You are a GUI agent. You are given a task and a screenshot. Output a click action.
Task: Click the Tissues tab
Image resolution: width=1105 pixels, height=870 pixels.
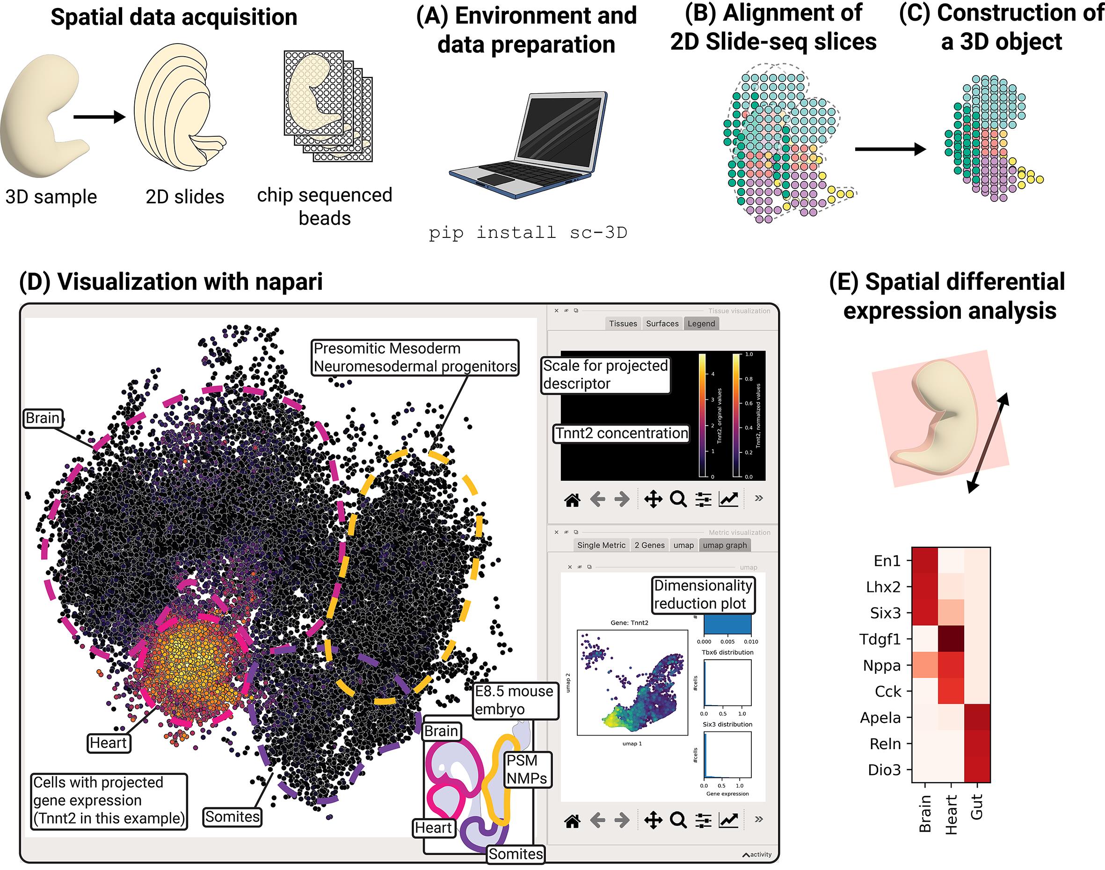(623, 324)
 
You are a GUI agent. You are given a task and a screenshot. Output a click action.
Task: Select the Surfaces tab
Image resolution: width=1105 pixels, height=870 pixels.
(662, 324)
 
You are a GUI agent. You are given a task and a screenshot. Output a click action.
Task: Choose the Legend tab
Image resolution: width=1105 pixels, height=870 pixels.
(701, 324)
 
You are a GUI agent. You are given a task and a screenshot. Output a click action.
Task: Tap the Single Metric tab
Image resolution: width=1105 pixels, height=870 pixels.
(601, 545)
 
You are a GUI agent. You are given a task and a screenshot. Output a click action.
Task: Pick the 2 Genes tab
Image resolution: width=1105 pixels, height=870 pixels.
(649, 545)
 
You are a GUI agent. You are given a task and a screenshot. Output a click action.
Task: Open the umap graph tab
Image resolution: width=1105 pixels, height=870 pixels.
(725, 545)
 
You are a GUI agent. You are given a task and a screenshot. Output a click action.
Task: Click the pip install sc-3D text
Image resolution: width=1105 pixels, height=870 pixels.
(528, 233)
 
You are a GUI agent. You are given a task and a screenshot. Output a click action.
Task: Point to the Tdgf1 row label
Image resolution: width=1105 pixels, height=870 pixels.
(880, 639)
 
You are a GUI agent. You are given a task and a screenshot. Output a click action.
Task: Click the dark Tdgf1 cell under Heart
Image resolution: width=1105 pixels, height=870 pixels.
(951, 639)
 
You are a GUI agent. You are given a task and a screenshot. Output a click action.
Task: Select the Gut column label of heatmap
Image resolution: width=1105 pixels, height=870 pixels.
(976, 807)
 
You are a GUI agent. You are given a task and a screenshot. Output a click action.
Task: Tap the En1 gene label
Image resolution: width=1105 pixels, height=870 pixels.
(887, 561)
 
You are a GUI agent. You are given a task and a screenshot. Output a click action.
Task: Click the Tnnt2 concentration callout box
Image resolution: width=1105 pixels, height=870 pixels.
(621, 434)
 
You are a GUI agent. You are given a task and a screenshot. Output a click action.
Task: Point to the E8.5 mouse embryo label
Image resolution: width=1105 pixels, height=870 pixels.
(514, 700)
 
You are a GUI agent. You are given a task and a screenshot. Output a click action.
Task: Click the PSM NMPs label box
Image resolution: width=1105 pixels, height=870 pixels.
(527, 769)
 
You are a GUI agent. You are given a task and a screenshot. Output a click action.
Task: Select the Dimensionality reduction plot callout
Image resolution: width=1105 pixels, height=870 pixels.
(703, 594)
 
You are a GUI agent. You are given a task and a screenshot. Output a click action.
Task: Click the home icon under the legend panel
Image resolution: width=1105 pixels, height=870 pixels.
(573, 500)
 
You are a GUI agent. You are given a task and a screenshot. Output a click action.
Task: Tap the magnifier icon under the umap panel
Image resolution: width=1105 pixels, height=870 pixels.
(678, 819)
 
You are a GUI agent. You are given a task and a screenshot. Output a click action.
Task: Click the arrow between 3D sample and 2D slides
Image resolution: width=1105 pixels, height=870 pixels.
(99, 117)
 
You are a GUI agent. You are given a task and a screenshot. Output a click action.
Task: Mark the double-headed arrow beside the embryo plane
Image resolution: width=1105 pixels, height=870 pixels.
(988, 442)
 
